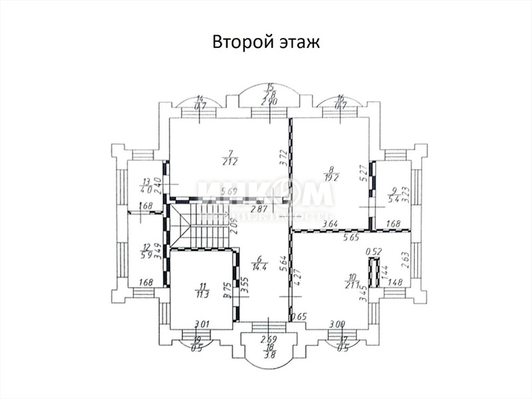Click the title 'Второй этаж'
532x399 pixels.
pyautogui.click(x=266, y=42)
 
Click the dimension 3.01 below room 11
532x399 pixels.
pyautogui.click(x=202, y=324)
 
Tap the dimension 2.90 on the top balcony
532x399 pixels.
pyautogui.click(x=269, y=102)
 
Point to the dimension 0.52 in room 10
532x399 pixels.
pyautogui.click(x=374, y=251)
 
